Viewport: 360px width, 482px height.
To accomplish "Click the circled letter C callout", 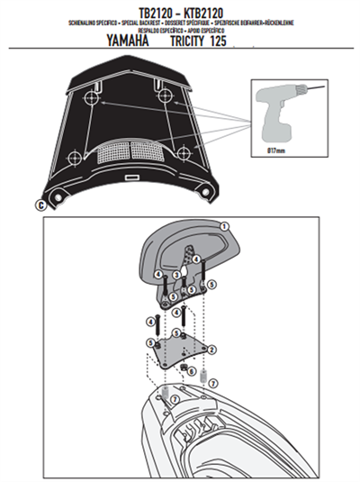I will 39,205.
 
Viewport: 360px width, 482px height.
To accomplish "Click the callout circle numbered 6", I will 192,371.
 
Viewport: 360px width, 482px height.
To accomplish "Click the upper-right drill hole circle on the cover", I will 164,94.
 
